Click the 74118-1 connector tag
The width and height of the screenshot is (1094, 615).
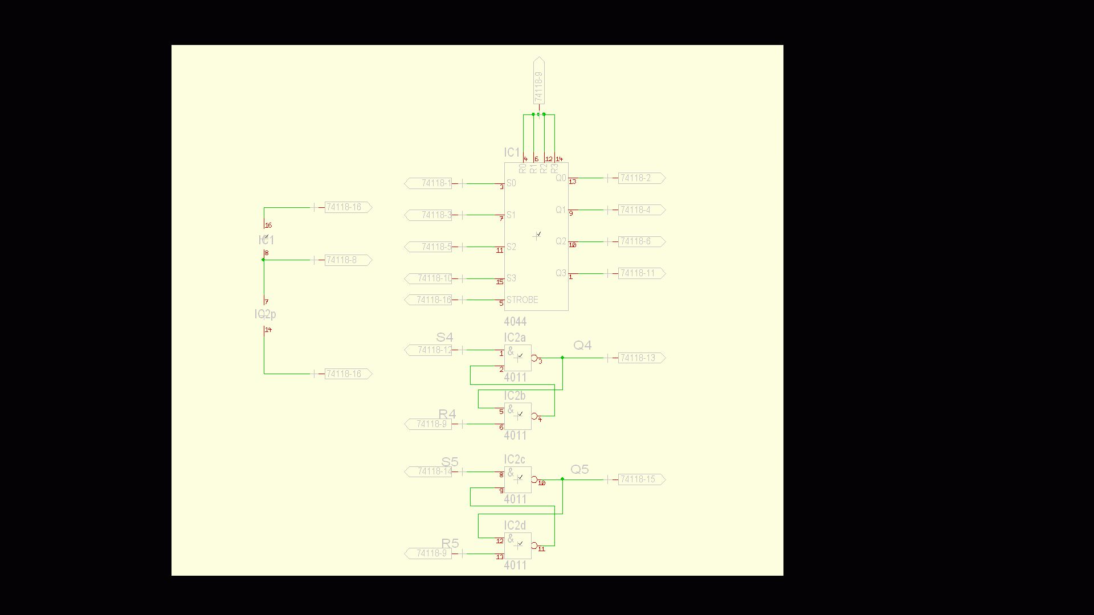pos(428,183)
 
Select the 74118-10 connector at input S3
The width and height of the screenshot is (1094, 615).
pos(428,278)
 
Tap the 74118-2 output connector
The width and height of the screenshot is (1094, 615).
pos(641,178)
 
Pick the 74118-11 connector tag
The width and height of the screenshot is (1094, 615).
pos(641,273)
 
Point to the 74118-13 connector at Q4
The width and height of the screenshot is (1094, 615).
pos(641,358)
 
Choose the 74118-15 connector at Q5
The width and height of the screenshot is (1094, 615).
pos(641,479)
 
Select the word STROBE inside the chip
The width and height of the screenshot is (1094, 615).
pos(522,300)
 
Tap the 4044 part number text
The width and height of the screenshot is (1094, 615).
pos(515,322)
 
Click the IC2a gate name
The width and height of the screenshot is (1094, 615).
pos(515,338)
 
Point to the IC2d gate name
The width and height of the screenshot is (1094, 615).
pos(515,526)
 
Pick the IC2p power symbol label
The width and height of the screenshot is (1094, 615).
pos(266,314)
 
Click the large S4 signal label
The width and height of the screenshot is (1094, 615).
pos(444,338)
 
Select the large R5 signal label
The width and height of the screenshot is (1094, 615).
pos(450,543)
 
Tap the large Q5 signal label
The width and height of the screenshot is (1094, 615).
pos(579,470)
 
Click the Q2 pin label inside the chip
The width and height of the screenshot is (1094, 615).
pos(561,241)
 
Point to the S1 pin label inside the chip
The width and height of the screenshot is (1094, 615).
pos(511,215)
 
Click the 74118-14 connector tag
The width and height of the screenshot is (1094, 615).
pos(428,471)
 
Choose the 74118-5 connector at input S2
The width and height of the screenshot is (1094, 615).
pos(428,247)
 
